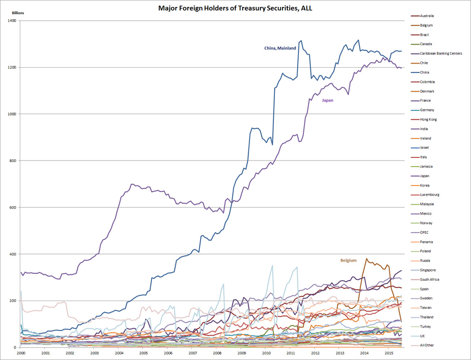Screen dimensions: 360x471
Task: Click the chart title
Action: [x=235, y=8]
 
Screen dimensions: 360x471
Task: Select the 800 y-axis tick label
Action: [x=12, y=161]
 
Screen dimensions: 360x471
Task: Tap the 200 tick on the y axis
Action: [x=12, y=301]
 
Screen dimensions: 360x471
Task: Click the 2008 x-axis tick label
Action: [x=217, y=353]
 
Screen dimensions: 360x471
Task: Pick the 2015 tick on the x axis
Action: [x=388, y=353]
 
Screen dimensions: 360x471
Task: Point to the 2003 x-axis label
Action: [x=94, y=353]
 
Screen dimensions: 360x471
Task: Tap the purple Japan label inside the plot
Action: [x=327, y=100]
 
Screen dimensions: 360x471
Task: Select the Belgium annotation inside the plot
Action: [x=348, y=261]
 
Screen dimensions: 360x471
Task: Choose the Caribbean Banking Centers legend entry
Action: [x=441, y=53]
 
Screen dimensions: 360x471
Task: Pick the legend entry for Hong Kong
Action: [x=428, y=119]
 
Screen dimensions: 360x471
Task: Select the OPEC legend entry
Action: [x=425, y=232]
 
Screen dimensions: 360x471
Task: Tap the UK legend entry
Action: [x=423, y=336]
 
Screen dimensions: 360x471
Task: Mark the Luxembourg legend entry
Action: [x=430, y=195]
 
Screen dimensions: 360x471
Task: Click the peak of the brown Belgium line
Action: [x=366, y=258]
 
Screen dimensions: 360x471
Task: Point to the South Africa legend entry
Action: [x=430, y=279]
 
